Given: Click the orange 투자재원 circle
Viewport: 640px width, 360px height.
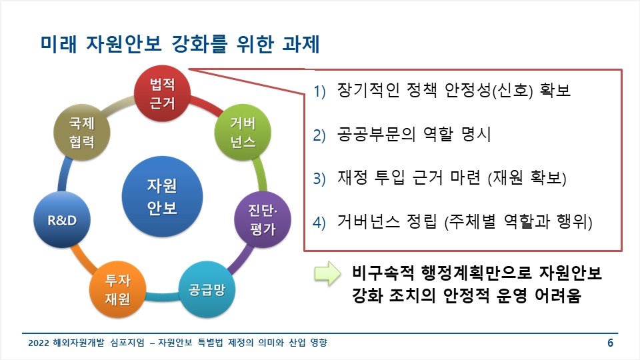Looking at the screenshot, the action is coord(117,289).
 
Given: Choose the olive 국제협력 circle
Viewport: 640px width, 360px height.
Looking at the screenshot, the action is coord(81,133).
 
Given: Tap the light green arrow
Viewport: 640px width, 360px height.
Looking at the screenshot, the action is coord(327,275).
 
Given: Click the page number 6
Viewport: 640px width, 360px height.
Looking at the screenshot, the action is coord(610,344).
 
